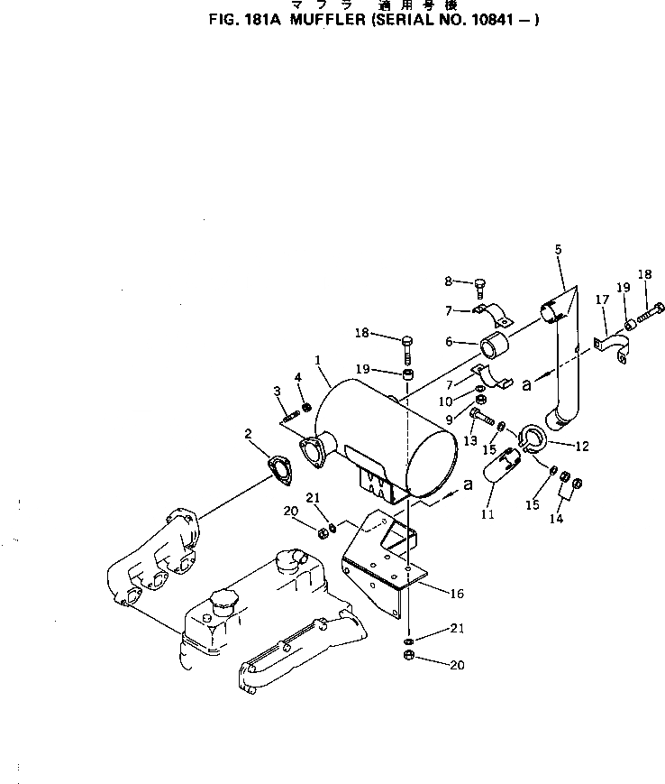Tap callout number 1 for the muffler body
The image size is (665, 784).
(318, 359)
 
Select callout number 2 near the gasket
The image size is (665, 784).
(247, 434)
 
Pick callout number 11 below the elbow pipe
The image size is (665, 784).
(487, 514)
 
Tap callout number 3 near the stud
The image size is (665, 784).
(278, 390)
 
